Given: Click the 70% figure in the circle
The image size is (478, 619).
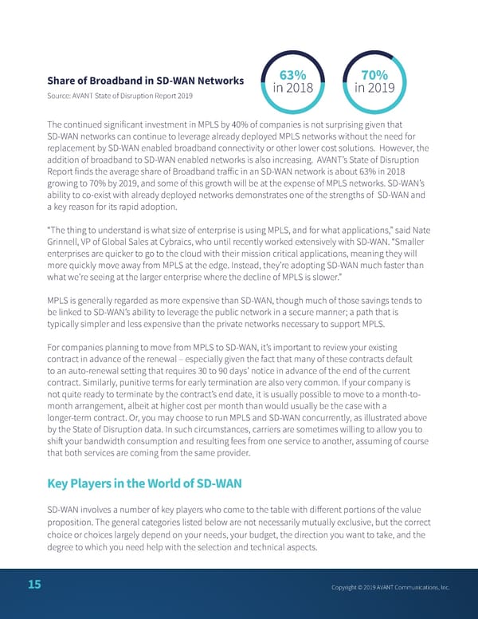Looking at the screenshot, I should (374, 76).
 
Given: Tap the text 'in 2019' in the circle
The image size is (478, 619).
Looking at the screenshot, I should (374, 89).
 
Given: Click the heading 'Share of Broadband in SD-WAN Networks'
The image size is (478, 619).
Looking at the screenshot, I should (145, 81).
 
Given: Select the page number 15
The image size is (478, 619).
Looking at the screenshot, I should (34, 585).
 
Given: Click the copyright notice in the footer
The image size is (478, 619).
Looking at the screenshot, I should (390, 588).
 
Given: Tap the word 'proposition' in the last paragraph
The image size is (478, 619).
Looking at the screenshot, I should (77, 522).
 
